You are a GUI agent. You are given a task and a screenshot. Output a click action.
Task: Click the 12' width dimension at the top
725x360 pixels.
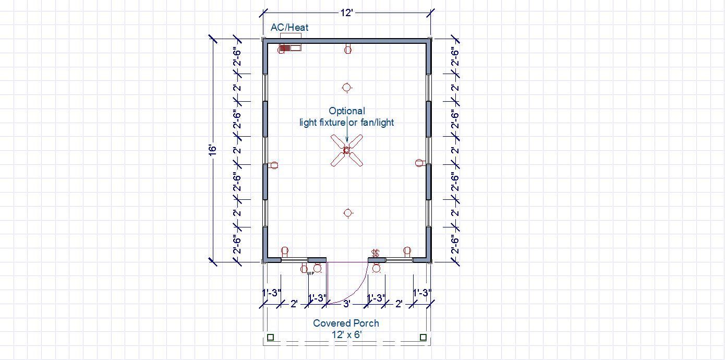tap(347, 13)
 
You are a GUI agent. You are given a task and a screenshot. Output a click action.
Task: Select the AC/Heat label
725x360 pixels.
tap(289, 28)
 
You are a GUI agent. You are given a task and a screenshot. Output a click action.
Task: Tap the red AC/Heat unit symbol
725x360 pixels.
tap(285, 48)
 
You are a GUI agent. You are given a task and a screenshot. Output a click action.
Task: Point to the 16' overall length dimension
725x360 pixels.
tap(212, 150)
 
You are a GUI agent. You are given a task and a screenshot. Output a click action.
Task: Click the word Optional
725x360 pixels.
tap(347, 111)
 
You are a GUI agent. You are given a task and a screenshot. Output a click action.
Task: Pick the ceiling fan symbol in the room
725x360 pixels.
tap(347, 150)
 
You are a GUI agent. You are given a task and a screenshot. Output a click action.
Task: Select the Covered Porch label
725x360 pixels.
tap(346, 323)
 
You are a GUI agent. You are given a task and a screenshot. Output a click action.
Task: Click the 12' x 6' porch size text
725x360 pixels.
tap(346, 334)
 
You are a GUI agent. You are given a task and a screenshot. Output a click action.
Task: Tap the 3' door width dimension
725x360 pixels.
tap(346, 303)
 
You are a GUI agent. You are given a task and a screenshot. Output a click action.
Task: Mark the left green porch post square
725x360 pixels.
tap(270, 338)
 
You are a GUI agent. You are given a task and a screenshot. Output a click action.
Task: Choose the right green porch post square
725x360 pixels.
tap(423, 338)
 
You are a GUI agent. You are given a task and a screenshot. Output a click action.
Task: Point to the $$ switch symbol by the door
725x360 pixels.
tap(375, 254)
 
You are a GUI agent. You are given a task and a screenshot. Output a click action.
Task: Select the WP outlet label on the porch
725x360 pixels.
tap(311, 272)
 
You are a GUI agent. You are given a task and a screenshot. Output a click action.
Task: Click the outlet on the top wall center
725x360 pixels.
tap(348, 50)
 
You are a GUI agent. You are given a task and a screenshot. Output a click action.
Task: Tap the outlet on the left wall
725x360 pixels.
tap(274, 165)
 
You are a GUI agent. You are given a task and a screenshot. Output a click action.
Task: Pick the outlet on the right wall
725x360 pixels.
tap(419, 163)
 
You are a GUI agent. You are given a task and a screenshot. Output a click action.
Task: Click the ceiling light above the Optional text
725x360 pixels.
tap(347, 88)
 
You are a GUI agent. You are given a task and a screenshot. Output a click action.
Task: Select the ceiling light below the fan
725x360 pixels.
tap(348, 213)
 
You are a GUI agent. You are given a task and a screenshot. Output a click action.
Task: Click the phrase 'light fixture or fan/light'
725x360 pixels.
tap(347, 123)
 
